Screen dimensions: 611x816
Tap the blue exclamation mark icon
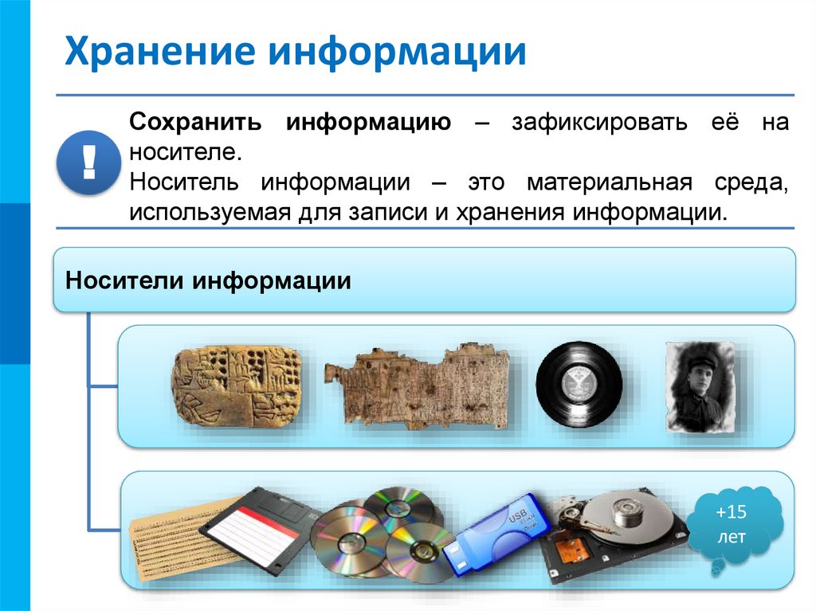(x=88, y=163)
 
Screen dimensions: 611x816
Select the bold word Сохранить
(x=196, y=124)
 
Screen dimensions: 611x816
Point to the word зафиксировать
(x=594, y=124)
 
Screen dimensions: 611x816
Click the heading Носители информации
(x=209, y=280)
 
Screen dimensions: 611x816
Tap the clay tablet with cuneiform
(x=237, y=385)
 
